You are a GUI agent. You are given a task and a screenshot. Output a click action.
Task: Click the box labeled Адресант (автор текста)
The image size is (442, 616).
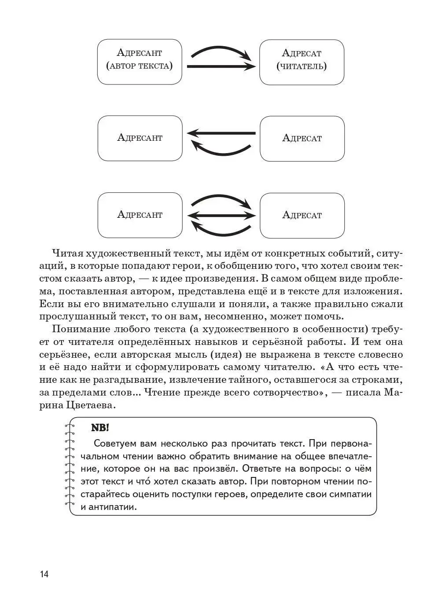point(139,62)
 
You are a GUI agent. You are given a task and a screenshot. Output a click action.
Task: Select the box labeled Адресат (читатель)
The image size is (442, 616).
point(302,62)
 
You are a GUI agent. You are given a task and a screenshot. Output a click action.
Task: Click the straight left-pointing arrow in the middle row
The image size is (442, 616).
point(221,133)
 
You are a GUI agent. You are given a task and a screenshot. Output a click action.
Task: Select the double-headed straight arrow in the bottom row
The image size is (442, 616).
point(221,215)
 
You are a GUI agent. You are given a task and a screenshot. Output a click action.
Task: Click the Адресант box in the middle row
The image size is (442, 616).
point(140,138)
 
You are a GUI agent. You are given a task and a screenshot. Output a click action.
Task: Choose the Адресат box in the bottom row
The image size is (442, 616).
point(302,215)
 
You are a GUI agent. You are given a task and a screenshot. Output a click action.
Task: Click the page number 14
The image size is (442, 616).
point(44,574)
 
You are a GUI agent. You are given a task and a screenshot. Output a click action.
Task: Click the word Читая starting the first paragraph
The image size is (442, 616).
point(66,253)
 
